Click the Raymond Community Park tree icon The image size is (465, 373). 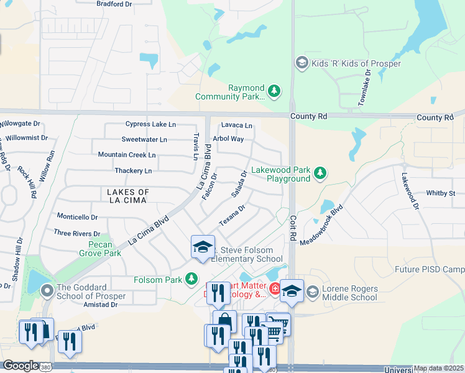(275, 92)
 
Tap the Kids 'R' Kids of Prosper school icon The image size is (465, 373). (302, 63)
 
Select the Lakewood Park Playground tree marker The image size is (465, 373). (320, 173)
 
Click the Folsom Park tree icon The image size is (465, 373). (194, 279)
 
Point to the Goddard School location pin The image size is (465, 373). (47, 291)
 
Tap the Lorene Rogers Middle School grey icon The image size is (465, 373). (313, 291)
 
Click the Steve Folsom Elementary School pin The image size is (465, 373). (202, 247)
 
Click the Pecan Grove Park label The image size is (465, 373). (99, 249)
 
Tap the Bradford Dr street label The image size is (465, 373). (114, 4)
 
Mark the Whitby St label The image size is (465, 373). (443, 194)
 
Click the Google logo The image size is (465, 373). (21, 366)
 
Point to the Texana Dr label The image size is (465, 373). (233, 215)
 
